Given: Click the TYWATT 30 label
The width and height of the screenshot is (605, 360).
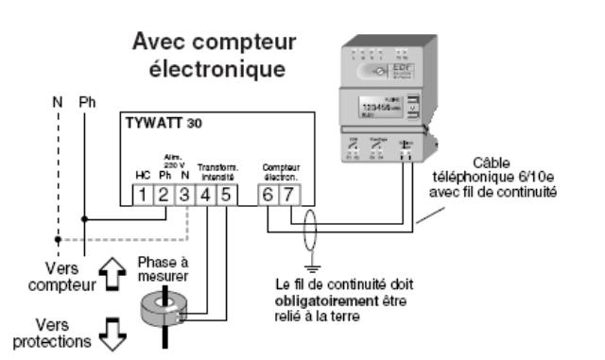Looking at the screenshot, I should point(162,124).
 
